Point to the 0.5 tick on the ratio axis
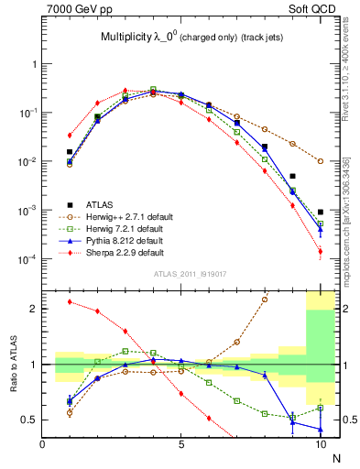pos(30,420)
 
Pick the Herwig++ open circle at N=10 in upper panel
pos(321,161)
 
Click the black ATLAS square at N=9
pos(293,176)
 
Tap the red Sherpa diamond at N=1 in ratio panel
pos(70,301)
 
